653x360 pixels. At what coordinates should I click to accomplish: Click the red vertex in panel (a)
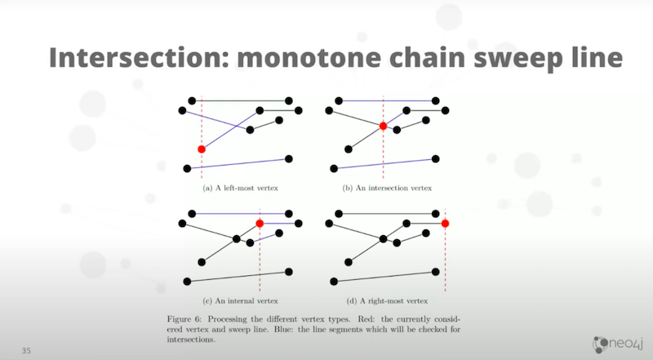pyautogui.click(x=202, y=149)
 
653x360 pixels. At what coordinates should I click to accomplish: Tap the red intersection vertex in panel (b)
pyautogui.click(x=383, y=126)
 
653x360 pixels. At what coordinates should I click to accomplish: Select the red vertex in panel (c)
pyautogui.click(x=260, y=224)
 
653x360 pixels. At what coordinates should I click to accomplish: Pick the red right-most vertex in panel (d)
pyautogui.click(x=445, y=224)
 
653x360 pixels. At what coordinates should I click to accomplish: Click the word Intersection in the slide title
pyautogui.click(x=140, y=57)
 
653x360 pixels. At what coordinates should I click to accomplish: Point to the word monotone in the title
pyautogui.click(x=309, y=57)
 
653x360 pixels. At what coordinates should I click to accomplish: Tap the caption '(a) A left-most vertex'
pyautogui.click(x=240, y=188)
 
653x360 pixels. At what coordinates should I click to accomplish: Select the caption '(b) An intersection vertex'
pyautogui.click(x=387, y=188)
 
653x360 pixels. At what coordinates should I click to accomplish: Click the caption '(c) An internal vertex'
pyautogui.click(x=240, y=301)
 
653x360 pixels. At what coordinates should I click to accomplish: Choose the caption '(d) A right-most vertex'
pyautogui.click(x=387, y=301)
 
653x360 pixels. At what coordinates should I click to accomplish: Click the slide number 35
pyautogui.click(x=26, y=350)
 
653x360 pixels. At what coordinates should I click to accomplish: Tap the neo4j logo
pyautogui.click(x=618, y=344)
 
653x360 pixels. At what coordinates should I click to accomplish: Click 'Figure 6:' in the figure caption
pyautogui.click(x=184, y=319)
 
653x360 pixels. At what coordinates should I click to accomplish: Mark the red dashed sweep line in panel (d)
pyautogui.click(x=445, y=250)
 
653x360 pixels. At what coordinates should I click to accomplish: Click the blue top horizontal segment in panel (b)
pyautogui.click(x=387, y=101)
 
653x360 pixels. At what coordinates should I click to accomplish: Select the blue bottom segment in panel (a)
pyautogui.click(x=238, y=164)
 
